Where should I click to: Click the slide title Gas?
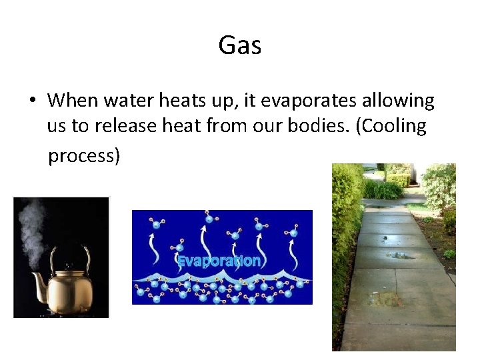[x=239, y=46]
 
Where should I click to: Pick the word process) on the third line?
[x=84, y=155]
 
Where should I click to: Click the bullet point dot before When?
[x=31, y=101]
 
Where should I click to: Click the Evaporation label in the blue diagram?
[x=219, y=261]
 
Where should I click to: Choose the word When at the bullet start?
[x=72, y=101]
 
